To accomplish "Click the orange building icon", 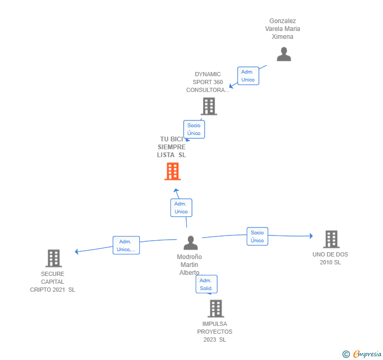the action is pyautogui.click(x=173, y=171).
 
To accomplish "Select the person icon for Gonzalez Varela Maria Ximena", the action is pyautogui.click(x=284, y=54).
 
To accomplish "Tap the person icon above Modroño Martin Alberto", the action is pyautogui.click(x=190, y=243).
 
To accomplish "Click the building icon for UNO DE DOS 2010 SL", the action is pyautogui.click(x=330, y=239).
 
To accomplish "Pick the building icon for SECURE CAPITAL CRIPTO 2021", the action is pyautogui.click(x=53, y=258).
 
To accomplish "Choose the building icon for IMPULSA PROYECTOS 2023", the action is pyautogui.click(x=215, y=308).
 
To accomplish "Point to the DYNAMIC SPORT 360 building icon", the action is pyautogui.click(x=209, y=106).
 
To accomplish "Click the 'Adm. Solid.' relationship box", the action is pyautogui.click(x=206, y=284).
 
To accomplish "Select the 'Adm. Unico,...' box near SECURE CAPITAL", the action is pyautogui.click(x=126, y=245).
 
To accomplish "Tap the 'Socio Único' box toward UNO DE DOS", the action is pyautogui.click(x=257, y=236).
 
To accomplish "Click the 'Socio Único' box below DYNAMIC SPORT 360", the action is pyautogui.click(x=194, y=129).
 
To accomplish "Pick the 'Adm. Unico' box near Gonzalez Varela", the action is pyautogui.click(x=248, y=76).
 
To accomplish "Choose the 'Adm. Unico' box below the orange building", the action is pyautogui.click(x=181, y=208).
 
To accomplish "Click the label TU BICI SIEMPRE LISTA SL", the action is pyautogui.click(x=172, y=147).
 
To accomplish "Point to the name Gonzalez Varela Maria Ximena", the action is pyautogui.click(x=283, y=29).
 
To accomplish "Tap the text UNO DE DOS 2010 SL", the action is pyautogui.click(x=330, y=258).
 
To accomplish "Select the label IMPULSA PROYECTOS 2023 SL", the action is pyautogui.click(x=215, y=332).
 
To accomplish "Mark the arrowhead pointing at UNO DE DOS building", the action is pyautogui.click(x=311, y=236).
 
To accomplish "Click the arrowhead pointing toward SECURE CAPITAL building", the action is pyautogui.click(x=77, y=251).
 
